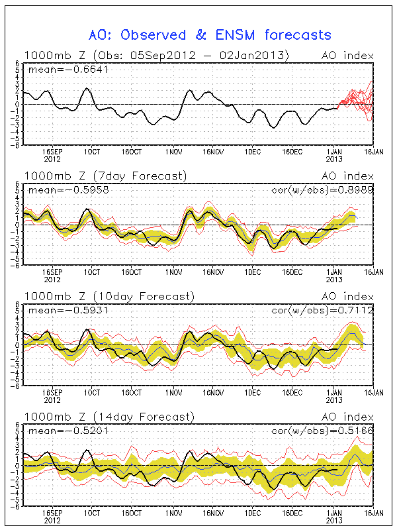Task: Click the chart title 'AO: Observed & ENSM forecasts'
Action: coord(209,34)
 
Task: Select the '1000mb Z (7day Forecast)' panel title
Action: coord(105,176)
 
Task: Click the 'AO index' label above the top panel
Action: coord(347,55)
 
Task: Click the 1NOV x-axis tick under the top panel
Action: coord(174,152)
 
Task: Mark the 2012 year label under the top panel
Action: coord(53,159)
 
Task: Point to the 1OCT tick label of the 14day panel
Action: coord(92,513)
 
